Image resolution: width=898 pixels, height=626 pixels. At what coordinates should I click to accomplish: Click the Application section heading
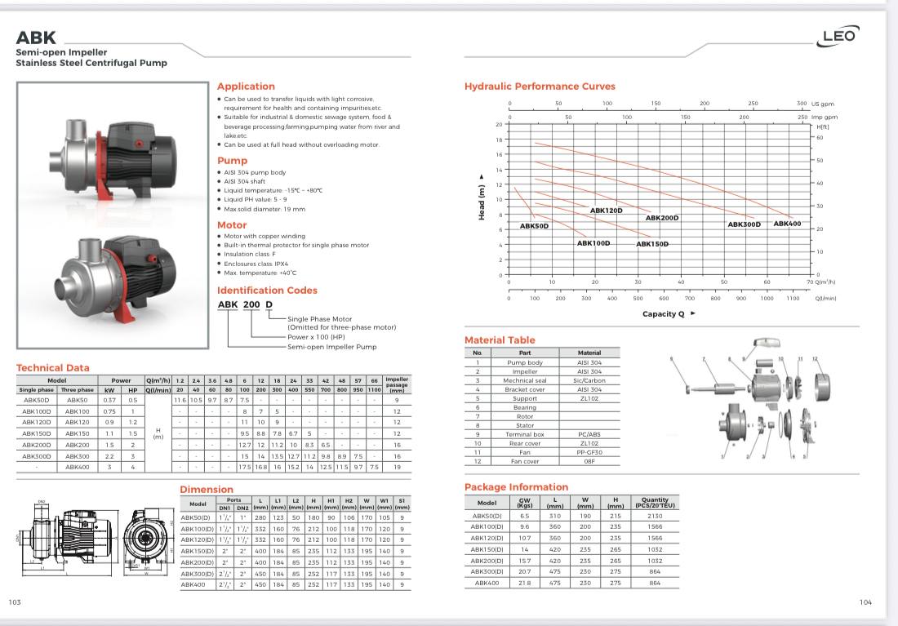tap(246, 87)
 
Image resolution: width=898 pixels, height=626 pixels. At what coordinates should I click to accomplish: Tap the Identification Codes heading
tap(267, 291)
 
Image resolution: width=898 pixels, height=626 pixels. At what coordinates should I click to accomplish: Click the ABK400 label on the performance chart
tap(787, 224)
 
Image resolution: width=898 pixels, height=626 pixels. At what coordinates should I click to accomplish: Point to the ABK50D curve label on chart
tap(534, 226)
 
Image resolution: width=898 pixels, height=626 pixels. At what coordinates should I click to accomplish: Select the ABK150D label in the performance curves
tap(652, 244)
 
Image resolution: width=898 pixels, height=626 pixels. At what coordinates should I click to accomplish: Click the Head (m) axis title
tap(482, 199)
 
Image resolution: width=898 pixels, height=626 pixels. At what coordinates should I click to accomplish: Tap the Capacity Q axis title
tap(664, 313)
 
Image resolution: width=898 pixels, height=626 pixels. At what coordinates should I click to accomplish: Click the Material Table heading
tap(500, 340)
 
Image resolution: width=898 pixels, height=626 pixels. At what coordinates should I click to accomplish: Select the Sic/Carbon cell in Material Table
tap(589, 380)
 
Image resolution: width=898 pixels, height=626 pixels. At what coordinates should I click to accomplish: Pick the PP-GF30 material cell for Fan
tap(589, 452)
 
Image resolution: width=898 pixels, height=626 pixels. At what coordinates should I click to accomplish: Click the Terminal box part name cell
tap(525, 434)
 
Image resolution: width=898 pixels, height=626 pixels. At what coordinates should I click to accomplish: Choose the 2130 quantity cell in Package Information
tap(654, 516)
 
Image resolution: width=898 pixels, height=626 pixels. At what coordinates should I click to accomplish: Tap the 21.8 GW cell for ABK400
tap(525, 583)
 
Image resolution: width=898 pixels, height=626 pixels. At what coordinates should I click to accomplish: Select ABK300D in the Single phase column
tap(37, 456)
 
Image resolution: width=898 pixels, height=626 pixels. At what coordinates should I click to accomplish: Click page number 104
tap(866, 602)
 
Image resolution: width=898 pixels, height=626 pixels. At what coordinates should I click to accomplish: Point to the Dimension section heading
tap(207, 490)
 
